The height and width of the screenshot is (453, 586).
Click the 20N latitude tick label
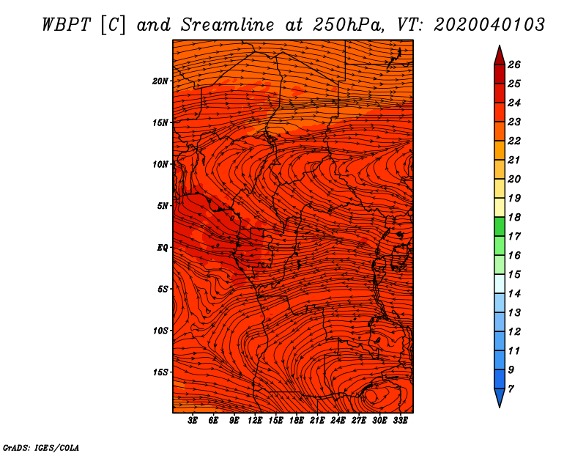pos(160,81)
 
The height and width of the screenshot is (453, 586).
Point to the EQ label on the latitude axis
pos(162,248)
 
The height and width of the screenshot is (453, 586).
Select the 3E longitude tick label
pos(193,421)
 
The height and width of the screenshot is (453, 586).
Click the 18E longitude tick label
pos(296,421)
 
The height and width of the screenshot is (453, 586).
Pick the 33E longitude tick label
pos(400,421)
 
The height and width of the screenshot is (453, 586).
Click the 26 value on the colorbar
pos(514,65)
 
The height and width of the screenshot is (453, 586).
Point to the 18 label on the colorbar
pos(514,217)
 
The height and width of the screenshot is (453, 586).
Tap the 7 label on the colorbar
pos(511,389)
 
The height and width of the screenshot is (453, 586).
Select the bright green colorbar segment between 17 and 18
pos(500,226)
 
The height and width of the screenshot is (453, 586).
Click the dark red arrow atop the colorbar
pos(500,56)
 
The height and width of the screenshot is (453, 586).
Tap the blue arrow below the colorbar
pos(500,398)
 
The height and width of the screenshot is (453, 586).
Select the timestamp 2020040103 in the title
pos(489,25)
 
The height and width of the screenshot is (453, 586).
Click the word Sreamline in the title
pos(228,25)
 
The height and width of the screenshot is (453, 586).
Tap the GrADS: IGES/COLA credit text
pos(41,447)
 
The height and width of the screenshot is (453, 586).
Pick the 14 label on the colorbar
pos(514,294)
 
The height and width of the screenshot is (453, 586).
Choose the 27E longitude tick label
pos(358,421)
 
